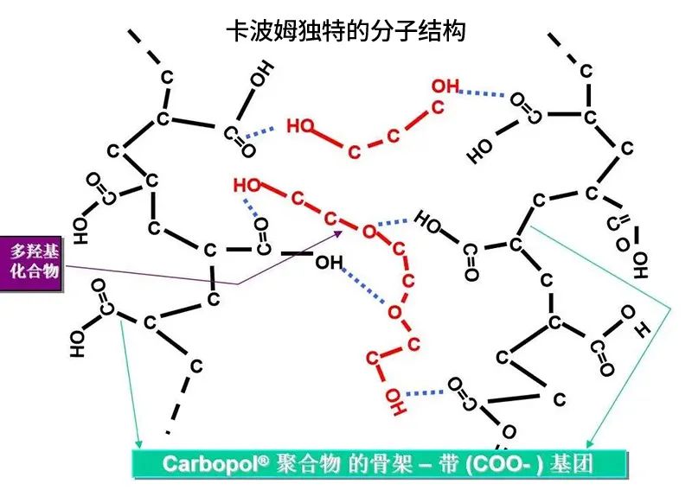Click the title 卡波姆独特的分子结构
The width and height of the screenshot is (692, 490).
[345, 31]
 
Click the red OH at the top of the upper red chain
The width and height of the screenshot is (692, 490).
[445, 86]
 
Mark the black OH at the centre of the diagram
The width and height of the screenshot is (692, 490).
[329, 262]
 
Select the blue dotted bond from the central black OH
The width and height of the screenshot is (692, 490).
[365, 285]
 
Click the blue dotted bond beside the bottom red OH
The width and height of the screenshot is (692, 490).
[425, 394]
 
